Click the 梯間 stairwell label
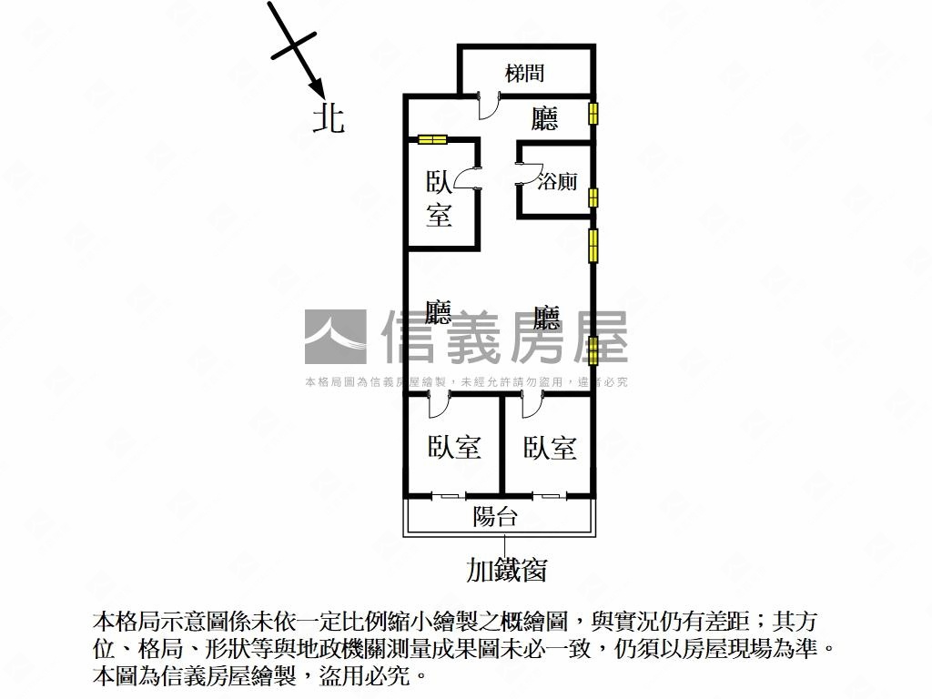pos(525,74)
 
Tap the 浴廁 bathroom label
pos(557,181)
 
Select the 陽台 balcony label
pos(495,516)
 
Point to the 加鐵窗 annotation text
pos(506,570)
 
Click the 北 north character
pos(329,118)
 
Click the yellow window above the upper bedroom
pos(432,139)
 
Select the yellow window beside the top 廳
pos(593,113)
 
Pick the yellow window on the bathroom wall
pos(593,198)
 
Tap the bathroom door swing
pos(525,173)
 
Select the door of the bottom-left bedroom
pos(440,403)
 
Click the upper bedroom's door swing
pos(468,178)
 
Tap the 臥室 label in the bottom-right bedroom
pos(550,448)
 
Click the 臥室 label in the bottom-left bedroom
pos(455,448)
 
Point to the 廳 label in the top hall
pos(544,118)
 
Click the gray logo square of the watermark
pos(336,337)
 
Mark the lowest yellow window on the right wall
pos(593,350)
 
